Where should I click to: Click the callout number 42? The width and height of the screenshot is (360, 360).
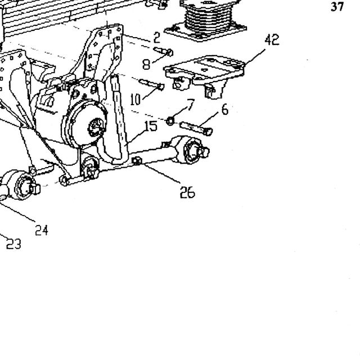tap(272, 40)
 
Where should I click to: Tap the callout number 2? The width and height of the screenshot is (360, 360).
tap(156, 38)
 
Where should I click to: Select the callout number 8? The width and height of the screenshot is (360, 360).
tap(146, 64)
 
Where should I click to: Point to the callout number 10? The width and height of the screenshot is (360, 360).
tap(136, 100)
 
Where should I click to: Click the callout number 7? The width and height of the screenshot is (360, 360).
tap(191, 105)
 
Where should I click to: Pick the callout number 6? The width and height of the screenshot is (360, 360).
tap(225, 110)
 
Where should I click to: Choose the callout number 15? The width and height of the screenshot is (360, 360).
tap(151, 126)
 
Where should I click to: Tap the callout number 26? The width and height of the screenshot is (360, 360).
tap(187, 192)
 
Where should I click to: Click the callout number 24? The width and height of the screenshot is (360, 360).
tap(42, 230)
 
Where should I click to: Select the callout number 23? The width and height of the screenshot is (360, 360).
tap(13, 244)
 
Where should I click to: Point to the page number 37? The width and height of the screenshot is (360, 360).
tap(337, 7)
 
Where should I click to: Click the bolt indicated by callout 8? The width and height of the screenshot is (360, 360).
tap(163, 51)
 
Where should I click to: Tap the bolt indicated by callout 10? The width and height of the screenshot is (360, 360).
tap(151, 84)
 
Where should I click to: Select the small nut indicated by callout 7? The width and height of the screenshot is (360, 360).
tap(170, 121)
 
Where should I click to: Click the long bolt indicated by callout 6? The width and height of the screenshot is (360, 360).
tap(196, 128)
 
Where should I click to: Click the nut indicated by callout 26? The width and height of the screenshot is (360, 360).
tap(137, 161)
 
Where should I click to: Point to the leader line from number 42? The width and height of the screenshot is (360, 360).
tap(254, 57)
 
